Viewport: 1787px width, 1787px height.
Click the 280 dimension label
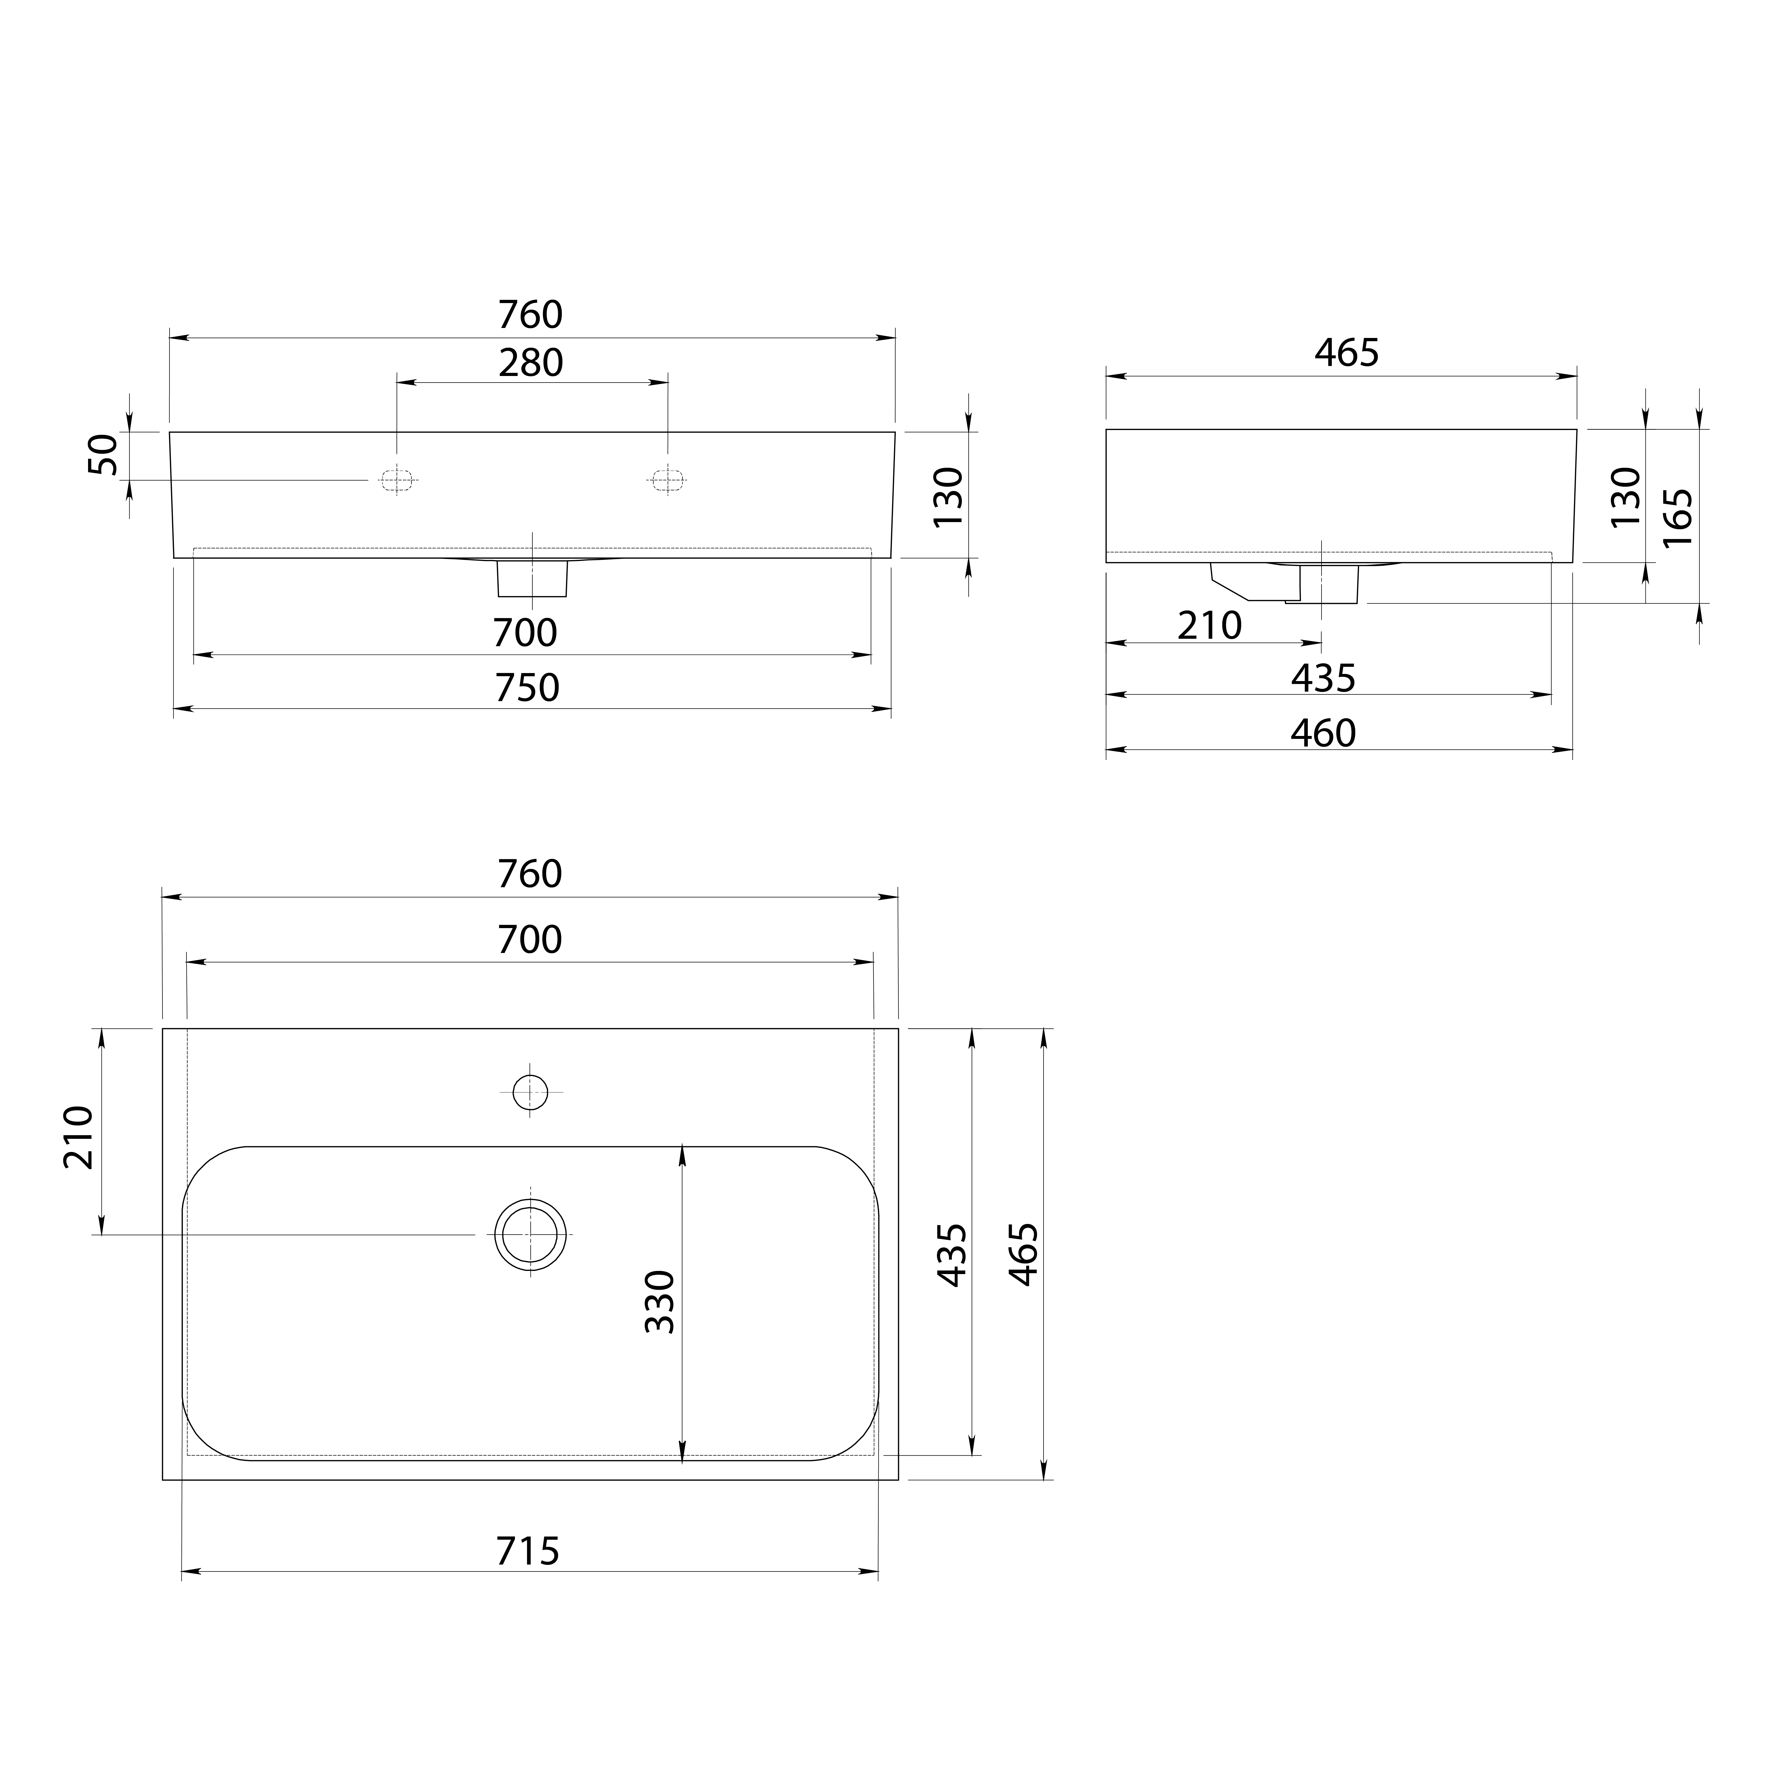(531, 363)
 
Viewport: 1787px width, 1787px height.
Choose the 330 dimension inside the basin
(660, 1302)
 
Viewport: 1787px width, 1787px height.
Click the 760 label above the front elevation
(530, 315)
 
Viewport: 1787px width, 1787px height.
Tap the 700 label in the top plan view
(530, 940)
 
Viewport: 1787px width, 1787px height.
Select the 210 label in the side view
(1210, 626)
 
